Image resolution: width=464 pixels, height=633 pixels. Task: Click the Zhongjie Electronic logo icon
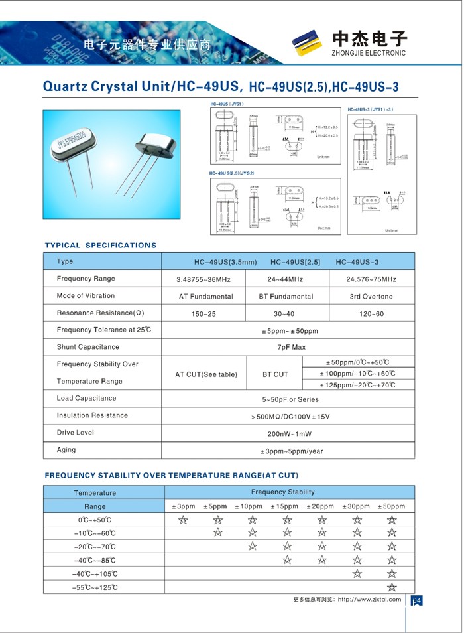(309, 44)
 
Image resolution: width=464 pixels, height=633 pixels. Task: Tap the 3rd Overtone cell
(371, 297)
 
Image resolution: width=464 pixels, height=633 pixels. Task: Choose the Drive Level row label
(76, 433)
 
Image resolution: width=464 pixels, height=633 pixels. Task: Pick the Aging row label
(66, 450)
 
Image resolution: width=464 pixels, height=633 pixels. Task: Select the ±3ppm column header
(184, 506)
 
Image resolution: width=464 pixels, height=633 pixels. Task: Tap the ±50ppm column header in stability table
(391, 506)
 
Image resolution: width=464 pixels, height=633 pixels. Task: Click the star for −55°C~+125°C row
(392, 587)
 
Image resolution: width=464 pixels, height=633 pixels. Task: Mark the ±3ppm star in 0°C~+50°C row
(184, 520)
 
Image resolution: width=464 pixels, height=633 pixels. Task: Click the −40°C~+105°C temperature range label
(95, 574)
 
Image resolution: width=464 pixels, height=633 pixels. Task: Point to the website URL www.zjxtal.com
(369, 600)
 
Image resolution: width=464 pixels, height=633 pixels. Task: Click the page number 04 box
(416, 601)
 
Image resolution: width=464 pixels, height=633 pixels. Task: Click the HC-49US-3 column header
(357, 262)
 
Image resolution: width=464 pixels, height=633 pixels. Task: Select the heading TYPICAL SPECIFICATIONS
(101, 246)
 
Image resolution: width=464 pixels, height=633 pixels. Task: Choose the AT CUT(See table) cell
(206, 374)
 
